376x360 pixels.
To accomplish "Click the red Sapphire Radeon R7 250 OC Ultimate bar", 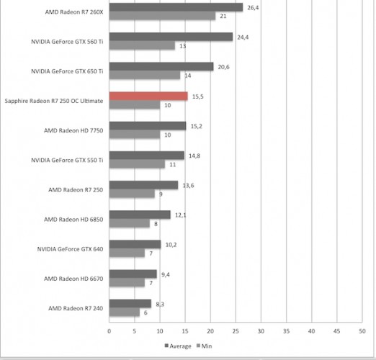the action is click(148, 96).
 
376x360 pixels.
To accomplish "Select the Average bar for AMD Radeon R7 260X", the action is click(176, 7).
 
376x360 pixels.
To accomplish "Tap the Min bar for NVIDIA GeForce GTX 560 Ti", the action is click(142, 45).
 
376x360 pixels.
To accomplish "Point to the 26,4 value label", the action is click(253, 8).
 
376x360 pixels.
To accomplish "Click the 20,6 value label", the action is click(223, 67).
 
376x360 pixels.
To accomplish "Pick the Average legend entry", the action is click(178, 346).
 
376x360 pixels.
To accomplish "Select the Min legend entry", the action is click(205, 346).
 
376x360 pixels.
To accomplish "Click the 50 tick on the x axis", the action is click(362, 331).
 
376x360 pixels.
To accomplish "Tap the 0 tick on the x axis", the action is click(109, 331).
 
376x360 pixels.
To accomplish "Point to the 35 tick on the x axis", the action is click(286, 331).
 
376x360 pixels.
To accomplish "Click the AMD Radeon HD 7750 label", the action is click(73, 130).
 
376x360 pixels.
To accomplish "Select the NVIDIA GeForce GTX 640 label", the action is click(70, 249).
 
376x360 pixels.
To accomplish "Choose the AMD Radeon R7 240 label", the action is click(76, 308).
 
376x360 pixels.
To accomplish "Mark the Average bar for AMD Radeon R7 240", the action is click(130, 304).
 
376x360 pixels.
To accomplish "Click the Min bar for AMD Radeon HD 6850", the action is click(130, 223).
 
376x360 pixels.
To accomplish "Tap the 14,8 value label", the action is click(194, 156).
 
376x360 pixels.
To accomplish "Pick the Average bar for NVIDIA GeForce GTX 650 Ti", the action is click(161, 66).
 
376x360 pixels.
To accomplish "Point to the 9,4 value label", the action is click(166, 274).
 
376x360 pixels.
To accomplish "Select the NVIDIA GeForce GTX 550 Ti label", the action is click(67, 161).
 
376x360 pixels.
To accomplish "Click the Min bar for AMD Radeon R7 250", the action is click(132, 194).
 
